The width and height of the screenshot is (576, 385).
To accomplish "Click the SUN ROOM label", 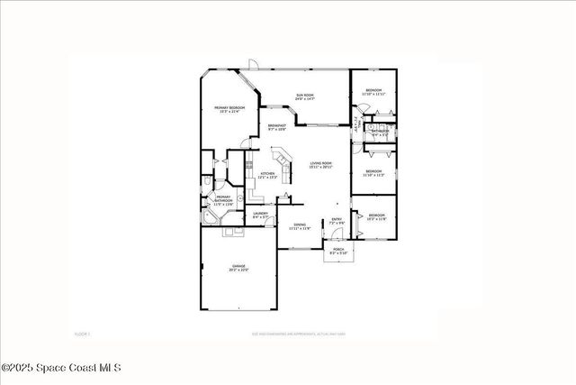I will [x=306, y=96].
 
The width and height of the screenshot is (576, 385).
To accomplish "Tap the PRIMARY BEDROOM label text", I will [x=229, y=110].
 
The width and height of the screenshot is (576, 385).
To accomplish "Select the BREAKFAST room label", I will [x=277, y=127].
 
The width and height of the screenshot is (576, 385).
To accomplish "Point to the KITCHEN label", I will [x=267, y=176].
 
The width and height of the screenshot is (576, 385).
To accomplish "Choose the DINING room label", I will [x=300, y=227].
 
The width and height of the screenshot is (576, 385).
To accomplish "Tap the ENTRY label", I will [x=337, y=221].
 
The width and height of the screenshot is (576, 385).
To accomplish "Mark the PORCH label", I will [x=338, y=251].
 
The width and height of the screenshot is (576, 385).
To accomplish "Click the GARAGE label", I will [x=238, y=268].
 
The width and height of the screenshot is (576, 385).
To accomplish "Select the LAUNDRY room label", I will [x=260, y=215].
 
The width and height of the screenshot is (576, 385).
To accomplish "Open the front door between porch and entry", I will [x=338, y=238].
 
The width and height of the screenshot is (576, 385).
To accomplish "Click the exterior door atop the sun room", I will [x=255, y=66].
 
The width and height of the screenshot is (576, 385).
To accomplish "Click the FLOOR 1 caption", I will [x=82, y=335].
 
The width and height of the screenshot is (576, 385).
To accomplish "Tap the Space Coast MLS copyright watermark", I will [x=60, y=368].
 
